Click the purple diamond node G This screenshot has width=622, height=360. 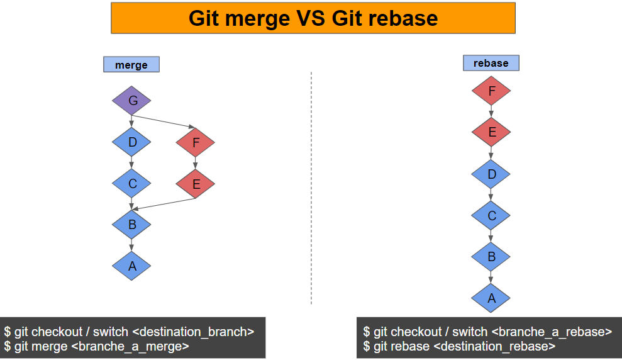coord(131,101)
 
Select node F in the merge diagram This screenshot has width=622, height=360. coord(195,142)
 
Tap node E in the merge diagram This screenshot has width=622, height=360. coord(195,184)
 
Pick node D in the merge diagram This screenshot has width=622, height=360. coord(131,142)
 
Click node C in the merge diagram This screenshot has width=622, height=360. coord(131,184)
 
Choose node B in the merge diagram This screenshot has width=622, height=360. coord(131,225)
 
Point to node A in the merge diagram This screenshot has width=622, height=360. coord(131,266)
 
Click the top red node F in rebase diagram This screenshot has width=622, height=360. coord(491,91)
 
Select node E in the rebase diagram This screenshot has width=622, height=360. coord(491,132)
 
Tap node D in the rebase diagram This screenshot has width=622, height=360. coord(491,174)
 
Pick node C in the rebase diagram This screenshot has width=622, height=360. coord(491,215)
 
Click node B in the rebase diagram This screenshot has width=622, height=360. coord(491,256)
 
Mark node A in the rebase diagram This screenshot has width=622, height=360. coord(491,298)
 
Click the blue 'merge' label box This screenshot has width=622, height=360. coord(131,65)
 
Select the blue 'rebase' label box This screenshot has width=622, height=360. coord(491,63)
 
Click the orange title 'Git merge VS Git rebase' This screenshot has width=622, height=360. coord(313,18)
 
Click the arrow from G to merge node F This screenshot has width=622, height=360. coord(164,121)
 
